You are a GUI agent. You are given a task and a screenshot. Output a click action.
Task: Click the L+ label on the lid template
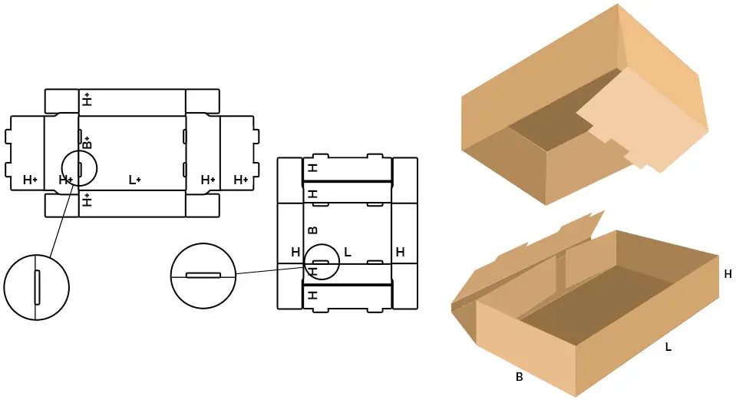(x=135, y=180)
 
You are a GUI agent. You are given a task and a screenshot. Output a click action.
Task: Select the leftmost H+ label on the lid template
(x=30, y=180)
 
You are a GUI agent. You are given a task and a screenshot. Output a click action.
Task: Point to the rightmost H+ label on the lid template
(x=241, y=180)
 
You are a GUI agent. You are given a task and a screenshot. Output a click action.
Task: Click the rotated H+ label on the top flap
(x=87, y=99)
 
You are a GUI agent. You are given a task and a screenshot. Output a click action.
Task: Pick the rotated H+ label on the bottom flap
(x=87, y=200)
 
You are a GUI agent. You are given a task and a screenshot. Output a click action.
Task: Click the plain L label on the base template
(x=348, y=252)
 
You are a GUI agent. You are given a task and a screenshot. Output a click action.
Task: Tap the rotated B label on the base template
(x=312, y=230)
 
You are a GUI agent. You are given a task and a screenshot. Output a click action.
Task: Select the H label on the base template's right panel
(x=400, y=252)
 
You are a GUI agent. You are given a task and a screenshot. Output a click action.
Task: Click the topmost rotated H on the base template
(x=312, y=167)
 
